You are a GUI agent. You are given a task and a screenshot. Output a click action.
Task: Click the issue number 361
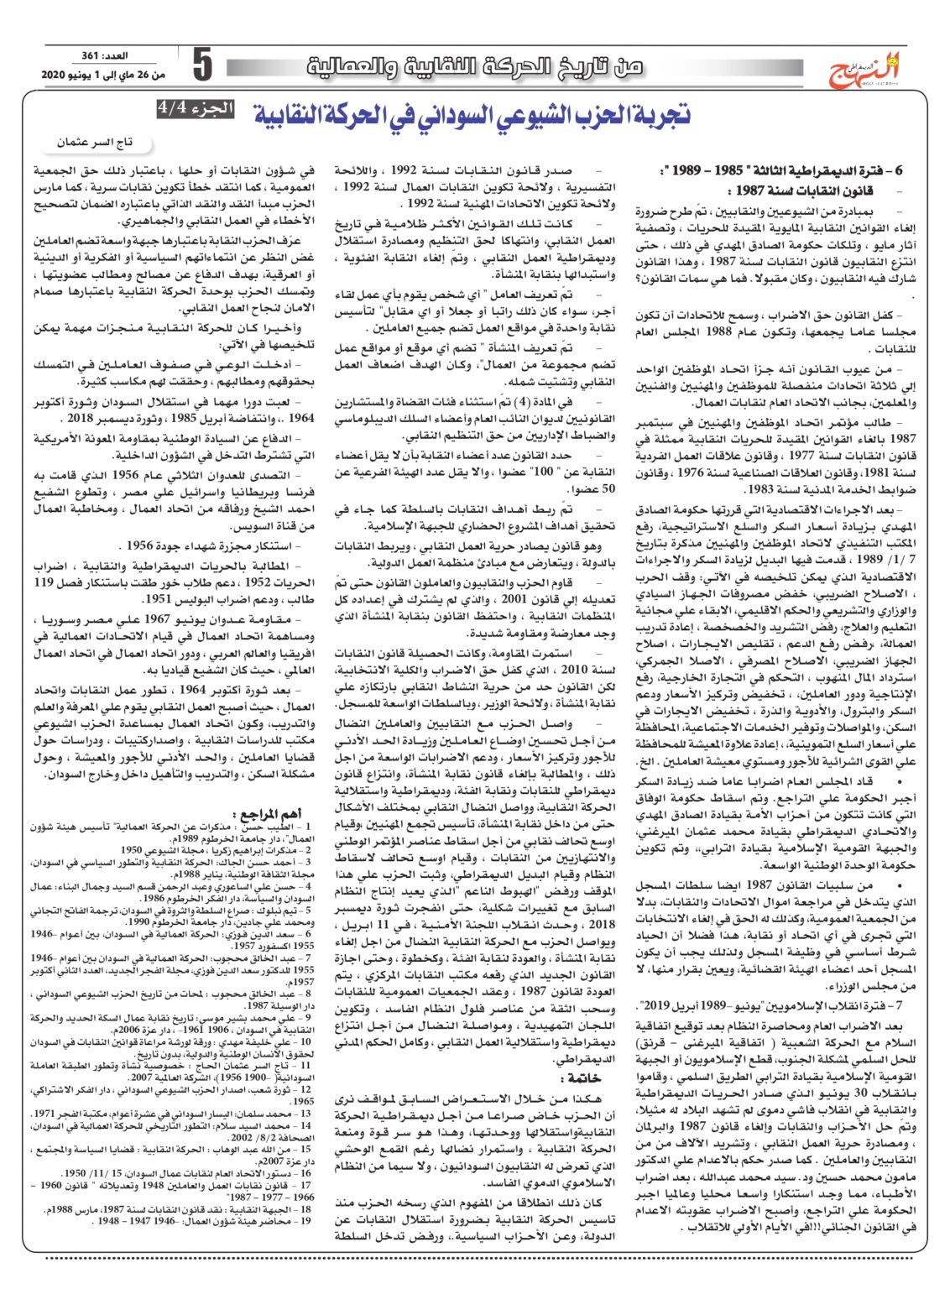click(91, 56)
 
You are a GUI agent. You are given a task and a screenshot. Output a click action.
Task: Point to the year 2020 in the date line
click(58, 76)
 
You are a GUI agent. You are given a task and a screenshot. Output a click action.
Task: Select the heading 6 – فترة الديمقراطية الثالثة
click(776, 171)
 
